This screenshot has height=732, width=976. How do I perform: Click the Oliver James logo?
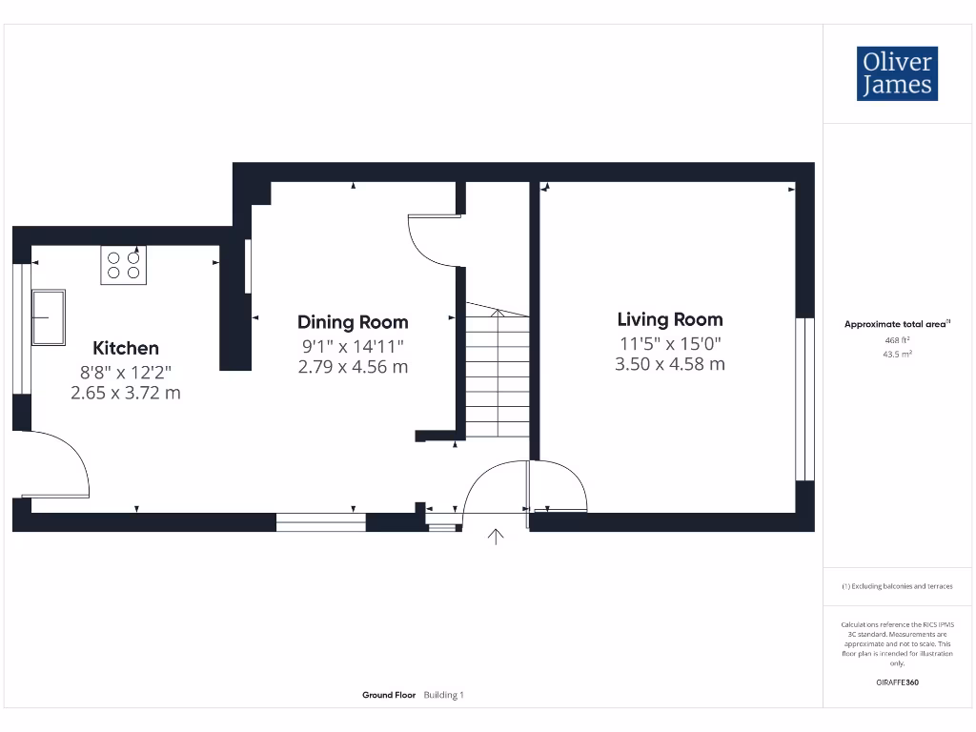tap(896, 73)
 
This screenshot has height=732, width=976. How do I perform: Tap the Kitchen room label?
tap(126, 348)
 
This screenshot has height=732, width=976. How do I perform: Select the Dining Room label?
tap(353, 322)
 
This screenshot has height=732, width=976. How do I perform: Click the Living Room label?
tap(670, 319)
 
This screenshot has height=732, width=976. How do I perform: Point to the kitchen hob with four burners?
tap(124, 265)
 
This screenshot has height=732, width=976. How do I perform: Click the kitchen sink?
tap(49, 317)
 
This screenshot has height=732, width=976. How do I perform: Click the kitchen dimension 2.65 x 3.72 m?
tap(126, 393)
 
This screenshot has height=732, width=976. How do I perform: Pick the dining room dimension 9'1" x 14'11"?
tap(353, 346)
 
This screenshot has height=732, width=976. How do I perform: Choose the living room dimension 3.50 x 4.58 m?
tap(670, 364)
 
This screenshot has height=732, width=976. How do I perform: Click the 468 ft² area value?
tap(898, 339)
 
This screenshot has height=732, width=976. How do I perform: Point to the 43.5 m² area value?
tap(898, 354)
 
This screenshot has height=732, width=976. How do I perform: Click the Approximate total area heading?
tap(896, 324)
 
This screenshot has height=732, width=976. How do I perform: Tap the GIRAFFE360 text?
tap(897, 682)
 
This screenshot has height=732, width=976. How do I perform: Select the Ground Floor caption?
tap(389, 696)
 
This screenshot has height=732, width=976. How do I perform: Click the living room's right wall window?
tap(806, 398)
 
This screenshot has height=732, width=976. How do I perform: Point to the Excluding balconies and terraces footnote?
tap(896, 586)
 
